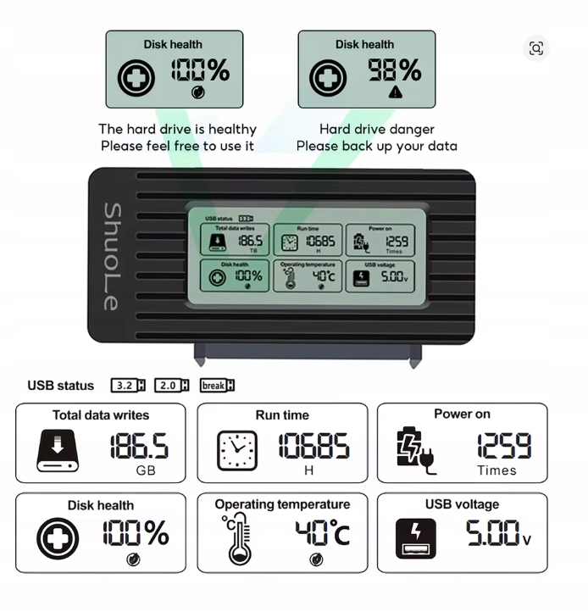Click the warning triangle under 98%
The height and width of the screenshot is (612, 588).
(395, 92)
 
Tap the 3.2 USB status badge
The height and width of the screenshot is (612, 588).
(128, 386)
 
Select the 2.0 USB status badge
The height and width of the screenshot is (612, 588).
(172, 386)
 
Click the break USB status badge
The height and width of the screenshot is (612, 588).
(217, 386)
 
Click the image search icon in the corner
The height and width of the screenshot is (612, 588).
(535, 48)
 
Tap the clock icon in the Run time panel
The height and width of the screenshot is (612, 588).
(237, 450)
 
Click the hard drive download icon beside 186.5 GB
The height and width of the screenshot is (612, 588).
(57, 450)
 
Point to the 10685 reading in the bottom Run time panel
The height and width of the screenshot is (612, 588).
(313, 446)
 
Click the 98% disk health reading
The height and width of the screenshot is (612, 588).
(394, 70)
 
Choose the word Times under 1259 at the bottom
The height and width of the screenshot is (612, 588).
(496, 470)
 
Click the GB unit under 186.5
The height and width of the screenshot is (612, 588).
(146, 470)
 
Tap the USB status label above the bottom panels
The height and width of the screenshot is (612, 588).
(61, 386)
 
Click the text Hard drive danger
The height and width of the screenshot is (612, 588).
(377, 129)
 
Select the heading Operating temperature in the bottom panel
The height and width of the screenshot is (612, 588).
(282, 504)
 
